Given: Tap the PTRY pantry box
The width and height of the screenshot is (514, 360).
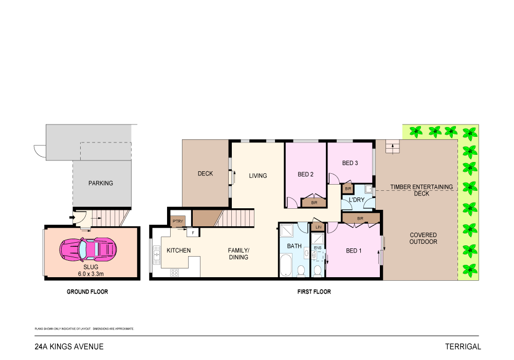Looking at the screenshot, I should (177, 221).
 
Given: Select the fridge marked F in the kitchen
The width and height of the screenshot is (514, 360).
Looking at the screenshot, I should (193, 233).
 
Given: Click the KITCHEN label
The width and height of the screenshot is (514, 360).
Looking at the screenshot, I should (178, 250).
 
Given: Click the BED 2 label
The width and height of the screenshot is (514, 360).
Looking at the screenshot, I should (305, 174).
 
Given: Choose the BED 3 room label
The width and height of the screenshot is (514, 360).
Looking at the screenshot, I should (350, 163).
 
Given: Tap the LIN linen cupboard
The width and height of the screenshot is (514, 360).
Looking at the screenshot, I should (318, 227).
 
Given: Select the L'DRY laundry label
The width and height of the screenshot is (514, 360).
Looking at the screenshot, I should (356, 200).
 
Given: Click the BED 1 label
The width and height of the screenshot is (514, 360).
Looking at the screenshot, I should (354, 251).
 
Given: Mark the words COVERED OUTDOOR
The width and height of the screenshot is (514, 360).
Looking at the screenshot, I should (423, 238).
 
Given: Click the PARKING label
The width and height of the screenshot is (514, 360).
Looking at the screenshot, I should (100, 183).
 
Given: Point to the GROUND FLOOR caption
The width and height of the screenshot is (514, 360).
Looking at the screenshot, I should (87, 292).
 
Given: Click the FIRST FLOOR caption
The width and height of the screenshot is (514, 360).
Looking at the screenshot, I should (314, 292).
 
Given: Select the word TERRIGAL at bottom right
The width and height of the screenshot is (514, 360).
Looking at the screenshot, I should (463, 347).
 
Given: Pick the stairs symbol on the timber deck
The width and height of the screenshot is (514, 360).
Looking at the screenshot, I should (393, 148).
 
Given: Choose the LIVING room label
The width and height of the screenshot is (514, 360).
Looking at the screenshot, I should (258, 176).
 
